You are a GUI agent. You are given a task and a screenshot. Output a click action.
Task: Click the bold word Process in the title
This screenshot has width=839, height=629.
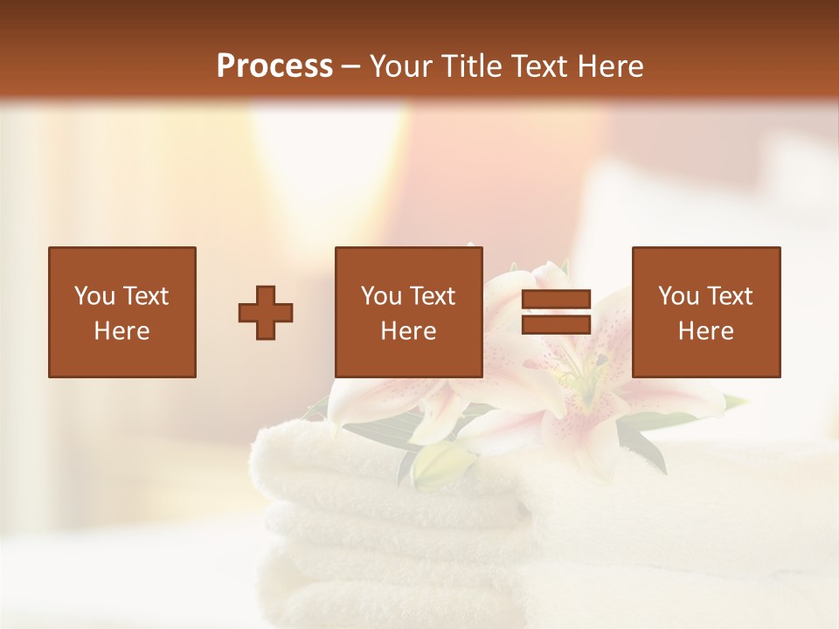(x=274, y=66)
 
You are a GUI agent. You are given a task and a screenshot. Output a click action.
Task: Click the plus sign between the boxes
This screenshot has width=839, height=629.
(x=266, y=313)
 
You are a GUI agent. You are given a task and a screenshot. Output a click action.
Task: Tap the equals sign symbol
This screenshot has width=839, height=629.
(x=556, y=312)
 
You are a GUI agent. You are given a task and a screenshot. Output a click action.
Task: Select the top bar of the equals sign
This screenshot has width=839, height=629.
(x=556, y=300)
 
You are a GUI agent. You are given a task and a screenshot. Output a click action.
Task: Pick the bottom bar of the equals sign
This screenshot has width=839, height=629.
(x=556, y=324)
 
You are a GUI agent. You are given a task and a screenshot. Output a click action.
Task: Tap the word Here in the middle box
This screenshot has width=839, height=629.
(x=408, y=331)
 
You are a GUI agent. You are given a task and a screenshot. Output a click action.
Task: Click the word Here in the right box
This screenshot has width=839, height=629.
(x=705, y=331)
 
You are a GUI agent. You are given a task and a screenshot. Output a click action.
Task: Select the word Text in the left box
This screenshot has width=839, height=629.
(x=145, y=296)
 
